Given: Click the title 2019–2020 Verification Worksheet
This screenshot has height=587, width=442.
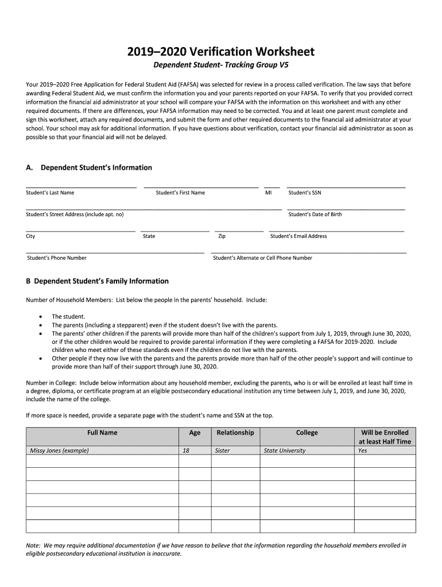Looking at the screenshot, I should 220,52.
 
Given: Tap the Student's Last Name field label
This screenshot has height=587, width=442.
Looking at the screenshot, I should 50,193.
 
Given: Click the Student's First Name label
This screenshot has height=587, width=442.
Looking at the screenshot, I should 180,193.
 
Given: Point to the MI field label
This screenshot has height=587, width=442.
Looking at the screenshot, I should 268,193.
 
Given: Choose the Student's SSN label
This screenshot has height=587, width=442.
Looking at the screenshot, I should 305,193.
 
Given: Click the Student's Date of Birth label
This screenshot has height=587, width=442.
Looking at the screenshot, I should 315,214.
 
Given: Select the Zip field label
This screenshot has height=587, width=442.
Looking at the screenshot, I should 222,236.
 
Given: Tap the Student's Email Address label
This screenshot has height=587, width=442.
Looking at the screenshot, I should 298,236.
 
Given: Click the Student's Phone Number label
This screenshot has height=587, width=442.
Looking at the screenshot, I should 57,258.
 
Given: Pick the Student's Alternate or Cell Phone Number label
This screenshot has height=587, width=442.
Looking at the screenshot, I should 262,258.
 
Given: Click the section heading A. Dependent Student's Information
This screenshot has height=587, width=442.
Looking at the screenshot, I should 89,167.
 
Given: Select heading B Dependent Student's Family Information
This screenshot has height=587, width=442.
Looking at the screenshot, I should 97,281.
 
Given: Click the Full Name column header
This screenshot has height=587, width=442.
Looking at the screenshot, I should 102,433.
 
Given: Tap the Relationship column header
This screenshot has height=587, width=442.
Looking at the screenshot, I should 235,433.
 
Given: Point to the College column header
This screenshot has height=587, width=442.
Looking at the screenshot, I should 307,433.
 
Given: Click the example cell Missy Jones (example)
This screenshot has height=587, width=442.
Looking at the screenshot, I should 59,451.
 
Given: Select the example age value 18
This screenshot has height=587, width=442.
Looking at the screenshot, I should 186,451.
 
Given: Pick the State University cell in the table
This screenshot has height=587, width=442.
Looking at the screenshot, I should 285,451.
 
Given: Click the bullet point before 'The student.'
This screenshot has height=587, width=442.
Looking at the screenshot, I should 40,316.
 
